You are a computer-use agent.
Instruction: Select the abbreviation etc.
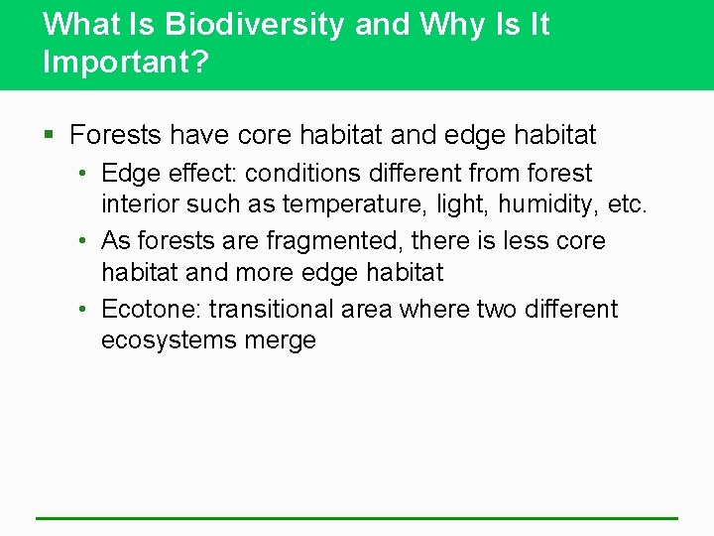point(626,205)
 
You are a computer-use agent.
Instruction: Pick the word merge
point(285,340)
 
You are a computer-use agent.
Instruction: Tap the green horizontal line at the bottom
point(357,517)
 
